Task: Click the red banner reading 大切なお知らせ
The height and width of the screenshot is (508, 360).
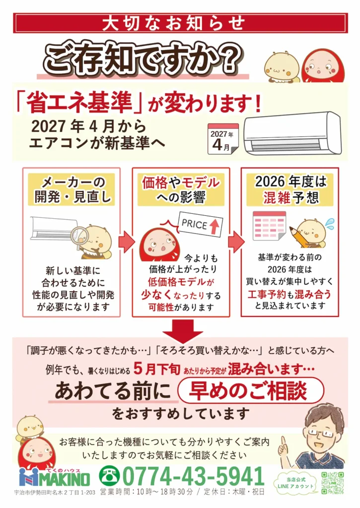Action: click(x=180, y=23)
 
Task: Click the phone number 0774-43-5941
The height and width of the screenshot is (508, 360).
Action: click(x=194, y=476)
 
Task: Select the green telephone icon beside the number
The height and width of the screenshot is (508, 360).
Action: click(x=109, y=476)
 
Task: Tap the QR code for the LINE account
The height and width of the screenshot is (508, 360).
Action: click(x=332, y=483)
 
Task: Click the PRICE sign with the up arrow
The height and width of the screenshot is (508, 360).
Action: click(x=201, y=224)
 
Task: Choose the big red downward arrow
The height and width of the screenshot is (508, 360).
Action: click(x=183, y=330)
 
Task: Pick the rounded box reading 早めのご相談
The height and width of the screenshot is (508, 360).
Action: click(x=251, y=390)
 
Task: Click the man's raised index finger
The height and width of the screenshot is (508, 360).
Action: click(x=284, y=442)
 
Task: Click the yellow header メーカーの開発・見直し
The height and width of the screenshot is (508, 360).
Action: click(x=72, y=190)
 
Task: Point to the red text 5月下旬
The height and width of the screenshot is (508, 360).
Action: click(x=156, y=369)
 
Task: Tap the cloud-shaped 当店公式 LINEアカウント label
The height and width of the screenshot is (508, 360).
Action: click(x=295, y=483)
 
